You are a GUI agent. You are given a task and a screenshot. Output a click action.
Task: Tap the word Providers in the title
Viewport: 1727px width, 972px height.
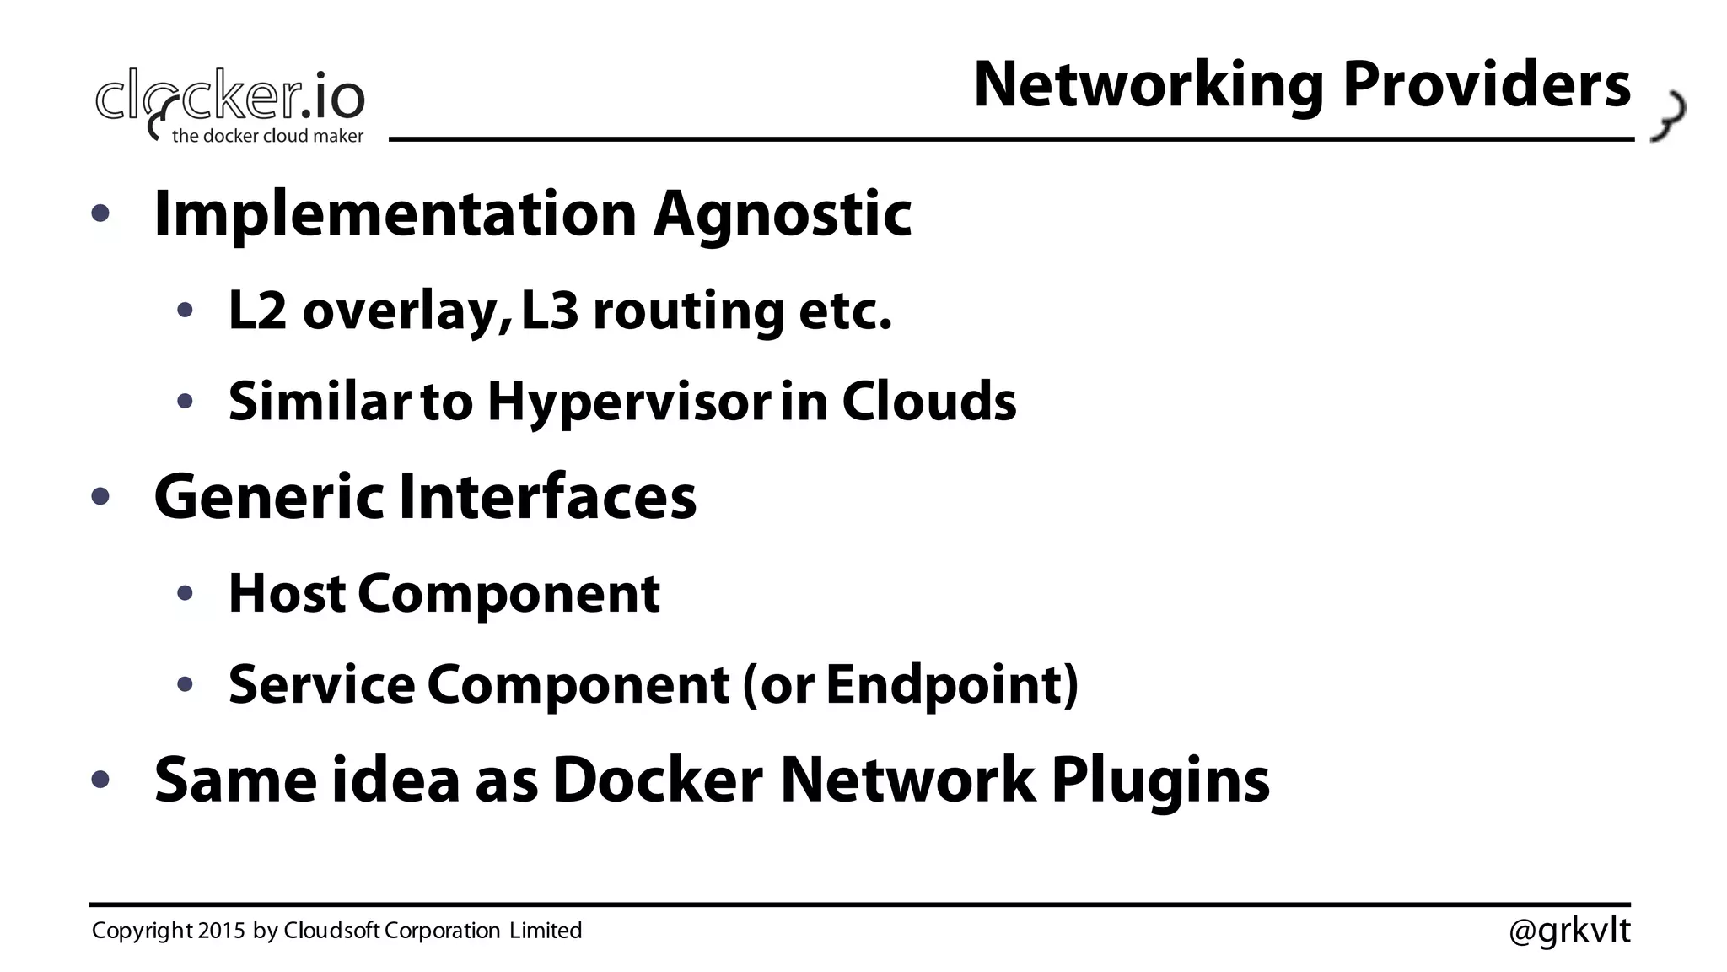click(1486, 86)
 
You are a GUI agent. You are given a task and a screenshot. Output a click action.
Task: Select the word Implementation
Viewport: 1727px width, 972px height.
click(395, 214)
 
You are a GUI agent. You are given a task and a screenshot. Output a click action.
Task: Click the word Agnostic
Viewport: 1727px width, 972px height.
click(783, 214)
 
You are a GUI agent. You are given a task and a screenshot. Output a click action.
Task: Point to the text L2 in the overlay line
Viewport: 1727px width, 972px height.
click(258, 310)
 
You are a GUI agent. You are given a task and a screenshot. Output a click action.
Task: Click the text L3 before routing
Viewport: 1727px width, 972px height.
click(550, 310)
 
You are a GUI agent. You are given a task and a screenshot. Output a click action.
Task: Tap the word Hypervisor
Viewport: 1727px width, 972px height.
click(628, 402)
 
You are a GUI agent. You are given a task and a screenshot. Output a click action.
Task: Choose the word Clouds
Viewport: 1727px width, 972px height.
click(928, 401)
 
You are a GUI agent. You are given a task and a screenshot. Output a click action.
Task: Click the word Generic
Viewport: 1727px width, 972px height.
click(268, 496)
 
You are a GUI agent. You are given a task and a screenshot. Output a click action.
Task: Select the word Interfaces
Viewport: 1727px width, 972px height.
click(547, 496)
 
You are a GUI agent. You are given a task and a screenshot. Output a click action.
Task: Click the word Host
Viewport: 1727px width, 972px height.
click(287, 593)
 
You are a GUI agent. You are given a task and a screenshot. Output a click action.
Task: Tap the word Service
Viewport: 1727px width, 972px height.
click(321, 683)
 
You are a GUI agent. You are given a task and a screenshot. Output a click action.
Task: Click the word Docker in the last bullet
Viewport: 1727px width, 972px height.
click(657, 780)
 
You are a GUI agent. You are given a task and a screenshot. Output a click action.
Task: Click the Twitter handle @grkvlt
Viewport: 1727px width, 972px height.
click(1569, 931)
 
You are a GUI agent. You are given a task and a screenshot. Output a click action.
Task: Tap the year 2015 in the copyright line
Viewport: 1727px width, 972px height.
click(222, 931)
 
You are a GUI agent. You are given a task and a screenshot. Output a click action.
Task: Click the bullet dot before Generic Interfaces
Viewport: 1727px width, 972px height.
click(100, 497)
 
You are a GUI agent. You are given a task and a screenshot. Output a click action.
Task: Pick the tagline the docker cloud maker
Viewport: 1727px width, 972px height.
click(267, 136)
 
